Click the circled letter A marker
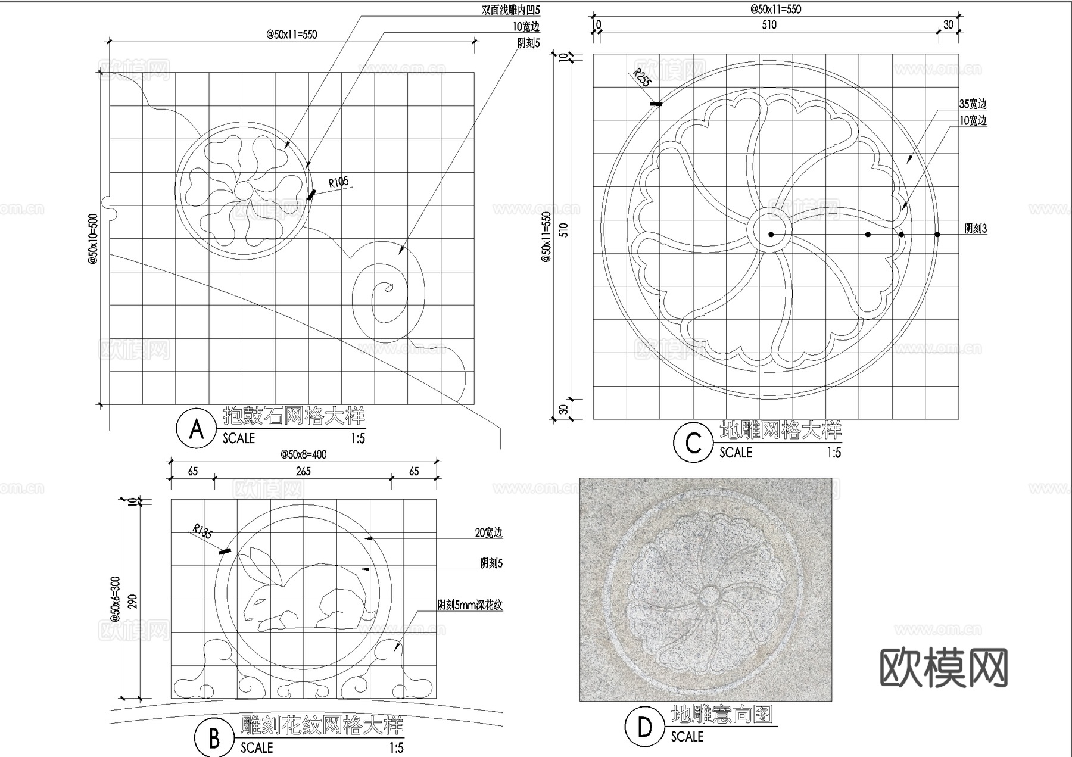pyautogui.click(x=196, y=428)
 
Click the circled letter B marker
pyautogui.click(x=214, y=738)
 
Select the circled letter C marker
pyautogui.click(x=693, y=443)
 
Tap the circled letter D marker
pyautogui.click(x=644, y=727)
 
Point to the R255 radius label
pyautogui.click(x=642, y=78)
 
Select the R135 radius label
pyautogui.click(x=203, y=531)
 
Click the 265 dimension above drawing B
pyautogui.click(x=303, y=472)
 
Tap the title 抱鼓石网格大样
pyautogui.click(x=294, y=415)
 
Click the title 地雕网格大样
pyautogui.click(x=780, y=430)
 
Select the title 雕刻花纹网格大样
pyautogui.click(x=322, y=725)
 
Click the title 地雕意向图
pyautogui.click(x=721, y=714)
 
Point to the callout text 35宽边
pyautogui.click(x=973, y=104)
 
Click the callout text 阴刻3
pyautogui.click(x=976, y=229)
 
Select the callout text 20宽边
pyautogui.click(x=488, y=533)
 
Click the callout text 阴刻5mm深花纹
pyautogui.click(x=470, y=606)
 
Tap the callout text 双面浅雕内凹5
pyautogui.click(x=510, y=10)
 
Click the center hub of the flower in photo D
pyautogui.click(x=709, y=596)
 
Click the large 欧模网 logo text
pyautogui.click(x=943, y=667)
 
